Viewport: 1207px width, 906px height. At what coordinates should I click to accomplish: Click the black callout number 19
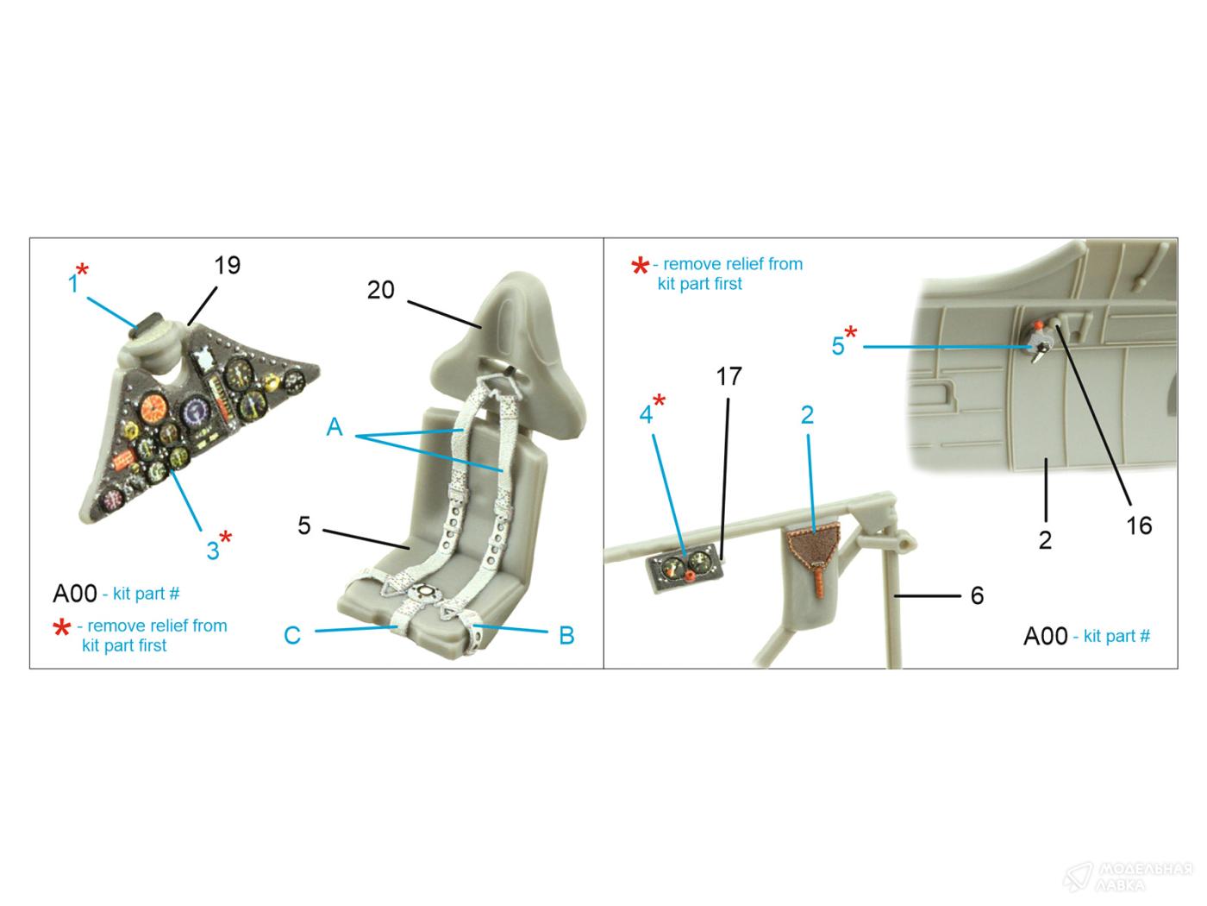227,265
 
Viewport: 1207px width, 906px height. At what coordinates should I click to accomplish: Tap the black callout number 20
380,290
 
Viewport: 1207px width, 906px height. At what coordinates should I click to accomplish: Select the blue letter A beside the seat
335,427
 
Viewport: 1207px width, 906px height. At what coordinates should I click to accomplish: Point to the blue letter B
566,635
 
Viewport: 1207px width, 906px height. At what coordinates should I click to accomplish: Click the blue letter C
292,635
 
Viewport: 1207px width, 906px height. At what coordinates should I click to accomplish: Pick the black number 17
729,377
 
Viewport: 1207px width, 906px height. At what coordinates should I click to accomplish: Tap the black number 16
1139,525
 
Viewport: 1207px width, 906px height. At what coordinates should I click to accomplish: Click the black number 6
977,595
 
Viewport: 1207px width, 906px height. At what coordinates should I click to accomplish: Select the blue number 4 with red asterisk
646,414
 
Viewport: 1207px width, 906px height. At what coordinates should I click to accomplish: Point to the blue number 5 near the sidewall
837,346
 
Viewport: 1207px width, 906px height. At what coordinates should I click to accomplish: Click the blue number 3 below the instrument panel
213,551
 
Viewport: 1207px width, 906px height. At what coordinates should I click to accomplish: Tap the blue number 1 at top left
73,284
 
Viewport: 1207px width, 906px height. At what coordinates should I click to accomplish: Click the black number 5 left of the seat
304,525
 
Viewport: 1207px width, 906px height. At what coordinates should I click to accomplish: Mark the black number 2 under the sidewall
1045,540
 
